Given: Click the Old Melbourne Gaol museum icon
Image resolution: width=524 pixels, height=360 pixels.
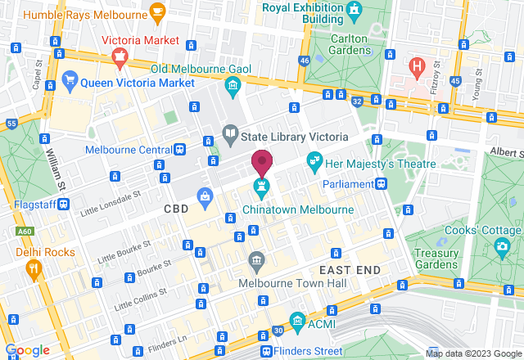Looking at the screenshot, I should pyautogui.click(x=233, y=85).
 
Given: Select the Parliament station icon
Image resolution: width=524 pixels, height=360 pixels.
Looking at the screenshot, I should pyautogui.click(x=382, y=183).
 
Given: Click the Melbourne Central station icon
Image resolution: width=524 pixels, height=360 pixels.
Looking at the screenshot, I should pyautogui.click(x=179, y=150).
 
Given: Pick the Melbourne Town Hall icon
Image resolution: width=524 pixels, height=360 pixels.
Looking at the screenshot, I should pyautogui.click(x=257, y=260).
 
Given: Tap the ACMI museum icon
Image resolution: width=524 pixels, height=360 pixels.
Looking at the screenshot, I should pyautogui.click(x=297, y=319).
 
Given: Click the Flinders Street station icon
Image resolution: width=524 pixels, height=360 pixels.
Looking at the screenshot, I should pyautogui.click(x=267, y=351).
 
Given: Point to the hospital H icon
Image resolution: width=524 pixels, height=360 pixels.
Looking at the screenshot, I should pyautogui.click(x=418, y=64).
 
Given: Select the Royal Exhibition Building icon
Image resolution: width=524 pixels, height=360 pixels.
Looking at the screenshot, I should pyautogui.click(x=354, y=10).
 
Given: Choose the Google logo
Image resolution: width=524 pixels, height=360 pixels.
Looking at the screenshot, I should pyautogui.click(x=27, y=349).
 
